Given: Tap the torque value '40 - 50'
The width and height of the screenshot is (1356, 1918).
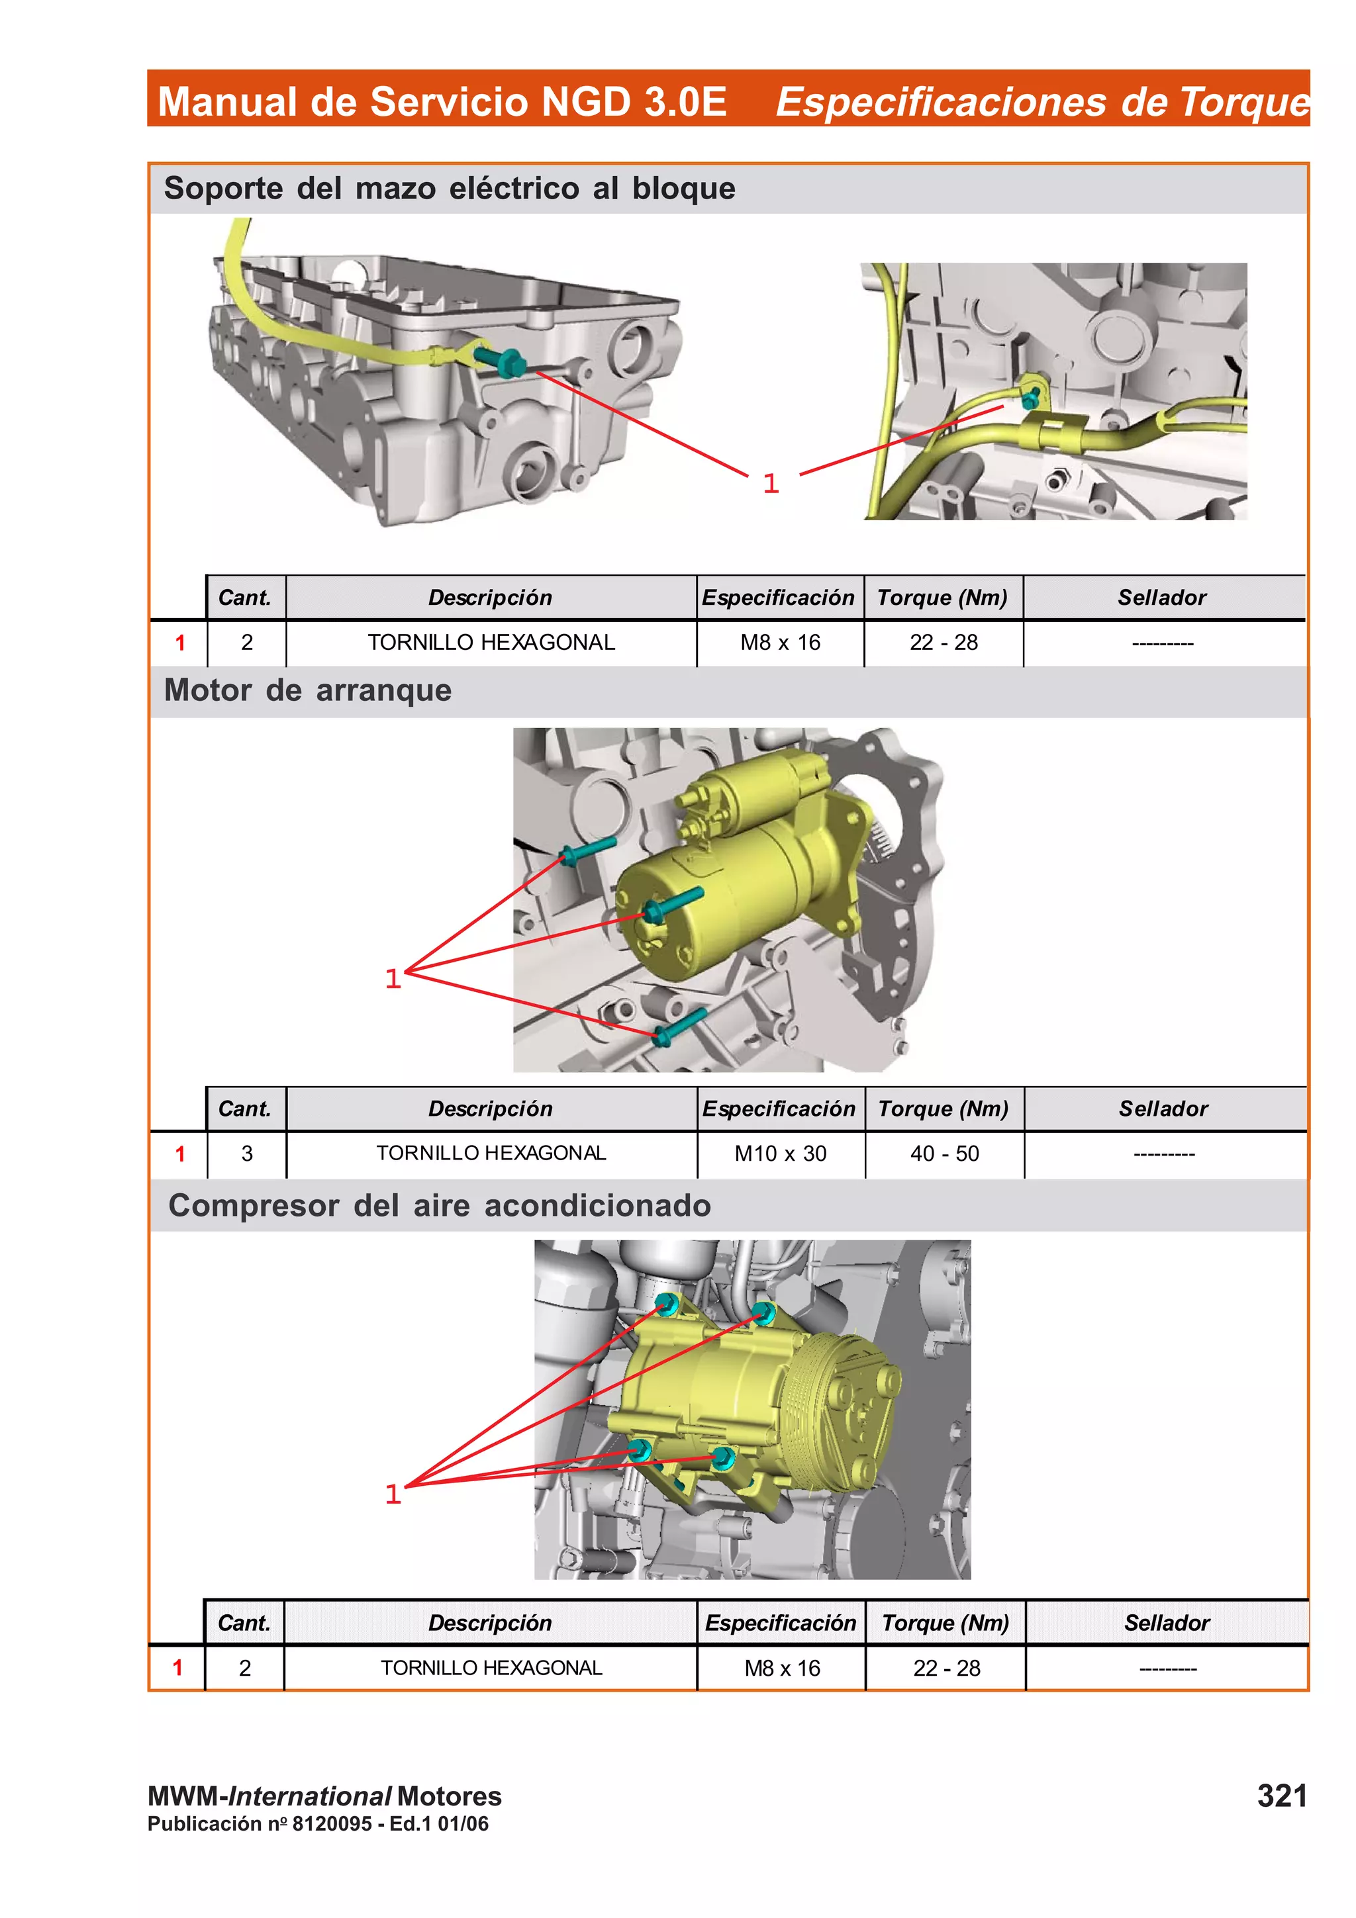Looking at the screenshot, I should tap(944, 1154).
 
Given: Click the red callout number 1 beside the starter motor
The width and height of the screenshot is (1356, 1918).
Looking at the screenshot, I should tap(393, 978).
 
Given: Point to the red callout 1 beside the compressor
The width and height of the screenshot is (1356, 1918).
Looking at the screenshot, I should tap(393, 1494).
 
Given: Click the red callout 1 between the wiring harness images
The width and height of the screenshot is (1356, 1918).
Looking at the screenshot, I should tap(770, 483).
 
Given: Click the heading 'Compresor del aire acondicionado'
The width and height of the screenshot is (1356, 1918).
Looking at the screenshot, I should tap(440, 1205).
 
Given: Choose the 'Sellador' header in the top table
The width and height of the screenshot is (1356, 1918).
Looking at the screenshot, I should tap(1161, 597).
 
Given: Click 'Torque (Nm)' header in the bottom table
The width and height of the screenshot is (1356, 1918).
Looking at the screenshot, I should tap(945, 1622).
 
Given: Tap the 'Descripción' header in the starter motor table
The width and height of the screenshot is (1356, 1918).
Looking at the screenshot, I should tap(491, 1109).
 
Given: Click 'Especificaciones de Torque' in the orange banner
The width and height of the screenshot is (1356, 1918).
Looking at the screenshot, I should tap(1042, 102).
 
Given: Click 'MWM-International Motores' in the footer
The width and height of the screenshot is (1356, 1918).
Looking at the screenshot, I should tap(324, 1796).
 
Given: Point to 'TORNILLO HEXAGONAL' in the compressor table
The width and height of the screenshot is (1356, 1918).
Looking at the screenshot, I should tap(491, 1667).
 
